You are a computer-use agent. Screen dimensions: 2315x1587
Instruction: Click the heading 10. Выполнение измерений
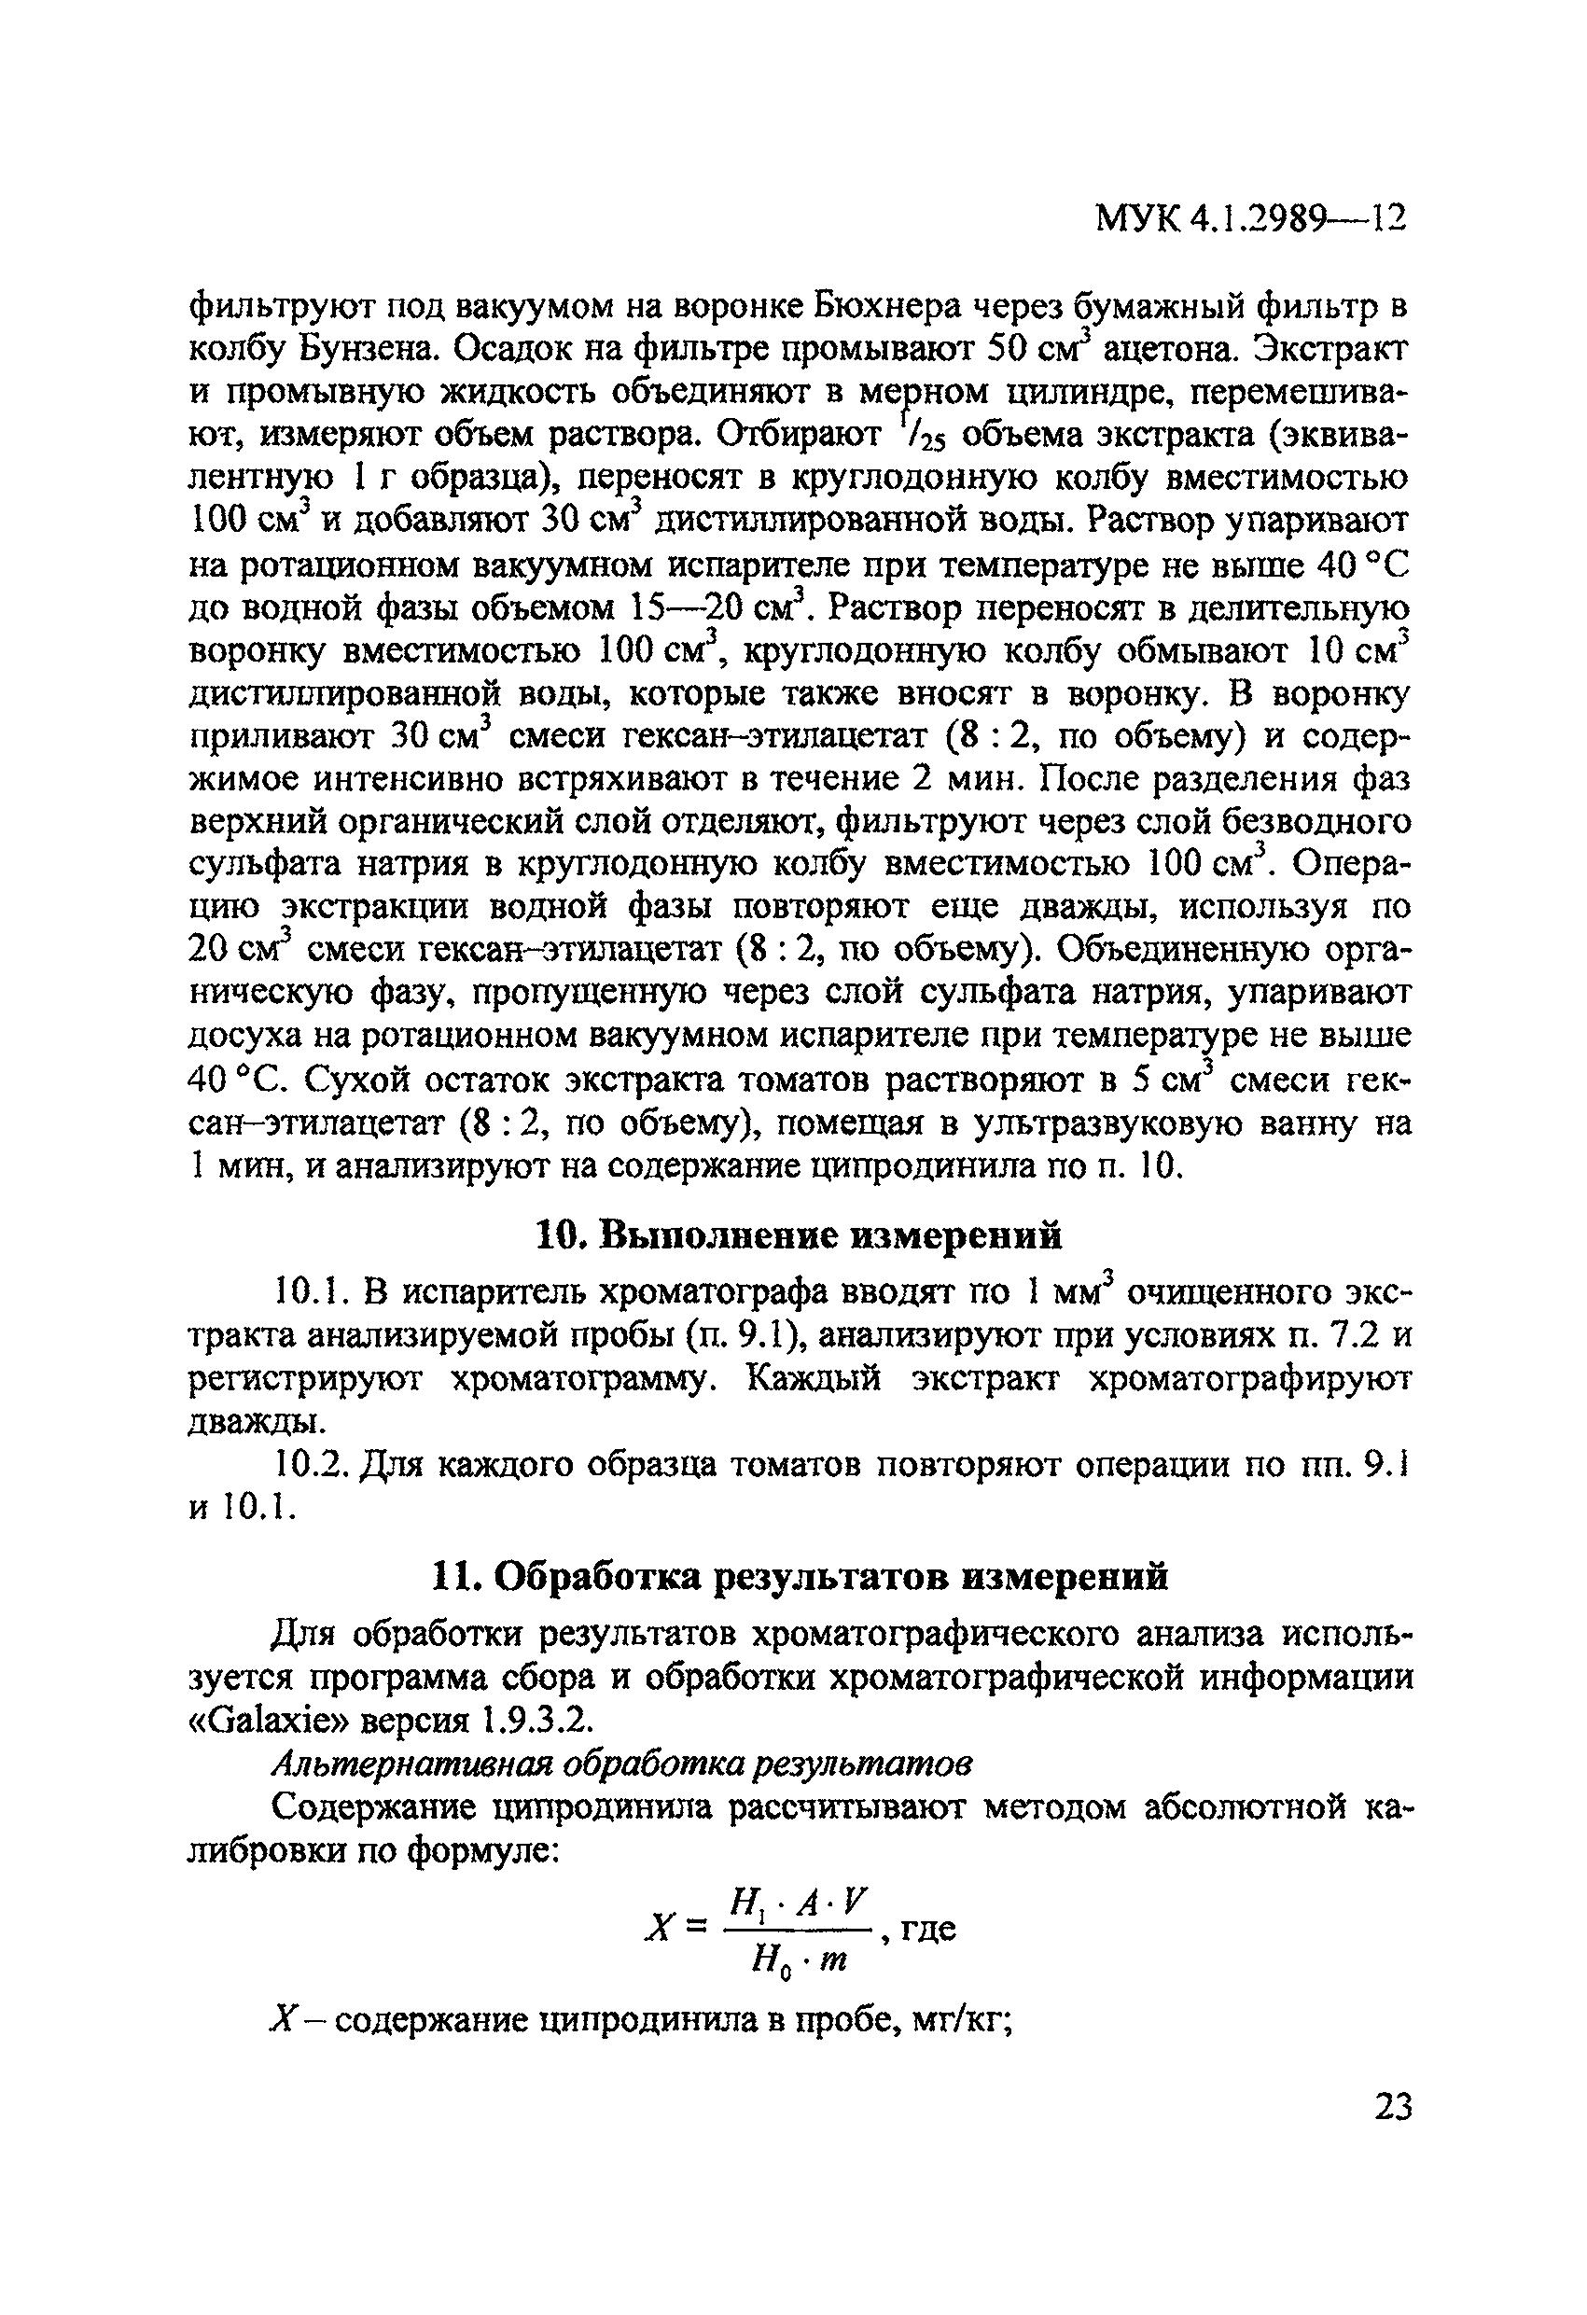798,1236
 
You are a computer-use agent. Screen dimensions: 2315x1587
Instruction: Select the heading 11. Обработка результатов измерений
798,1577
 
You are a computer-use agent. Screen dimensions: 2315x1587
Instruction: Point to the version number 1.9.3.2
537,1721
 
